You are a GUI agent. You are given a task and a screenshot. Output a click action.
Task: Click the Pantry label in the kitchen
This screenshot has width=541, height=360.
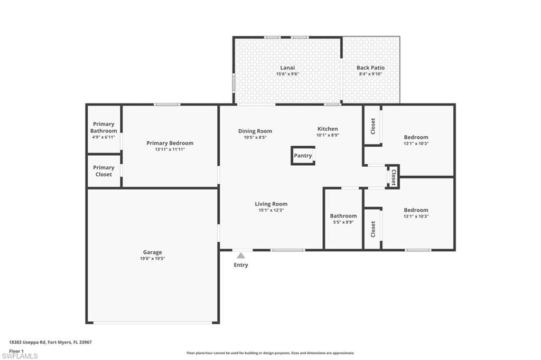pos(303,156)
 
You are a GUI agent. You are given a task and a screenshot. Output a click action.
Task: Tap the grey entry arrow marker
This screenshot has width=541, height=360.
pos(241,255)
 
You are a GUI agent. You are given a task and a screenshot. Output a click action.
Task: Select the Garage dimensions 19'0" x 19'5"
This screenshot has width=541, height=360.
pos(153,259)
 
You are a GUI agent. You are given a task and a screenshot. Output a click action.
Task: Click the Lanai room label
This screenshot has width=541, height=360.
pos(287,68)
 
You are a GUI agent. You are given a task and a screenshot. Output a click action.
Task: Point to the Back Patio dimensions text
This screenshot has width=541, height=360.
pos(370,74)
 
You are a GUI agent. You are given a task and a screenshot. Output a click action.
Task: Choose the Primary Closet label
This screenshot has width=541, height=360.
pos(104,171)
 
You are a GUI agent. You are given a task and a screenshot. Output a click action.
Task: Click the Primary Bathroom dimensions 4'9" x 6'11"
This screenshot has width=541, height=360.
pos(104,137)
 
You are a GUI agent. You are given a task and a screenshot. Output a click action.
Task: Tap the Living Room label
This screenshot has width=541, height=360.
pos(271,204)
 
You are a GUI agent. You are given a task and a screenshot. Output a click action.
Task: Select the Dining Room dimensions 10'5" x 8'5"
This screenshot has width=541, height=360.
pos(255,137)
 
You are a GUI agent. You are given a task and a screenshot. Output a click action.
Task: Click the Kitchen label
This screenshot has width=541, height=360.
pos(328,129)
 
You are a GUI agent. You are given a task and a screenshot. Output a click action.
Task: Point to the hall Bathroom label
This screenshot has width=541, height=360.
pos(343,216)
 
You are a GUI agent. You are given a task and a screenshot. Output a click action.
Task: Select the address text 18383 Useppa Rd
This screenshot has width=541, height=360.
pos(27,343)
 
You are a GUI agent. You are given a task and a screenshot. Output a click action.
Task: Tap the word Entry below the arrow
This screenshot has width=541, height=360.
pos(241,265)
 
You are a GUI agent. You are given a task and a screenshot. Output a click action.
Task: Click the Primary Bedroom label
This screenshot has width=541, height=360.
pos(170,143)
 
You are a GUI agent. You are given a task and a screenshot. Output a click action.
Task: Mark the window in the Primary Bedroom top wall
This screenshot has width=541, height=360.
pos(167,105)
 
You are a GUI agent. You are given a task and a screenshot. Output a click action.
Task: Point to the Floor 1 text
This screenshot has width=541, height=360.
pos(16,351)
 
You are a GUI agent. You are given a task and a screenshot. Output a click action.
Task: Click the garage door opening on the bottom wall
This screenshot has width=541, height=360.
pos(153,323)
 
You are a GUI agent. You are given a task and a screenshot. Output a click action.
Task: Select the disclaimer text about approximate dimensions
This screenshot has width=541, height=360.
pos(270,353)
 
